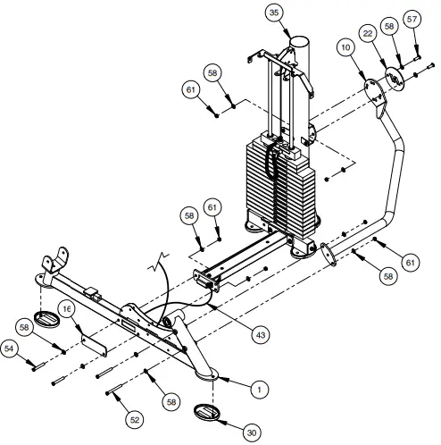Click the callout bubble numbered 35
click(273, 13)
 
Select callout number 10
click(345, 45)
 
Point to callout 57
click(412, 19)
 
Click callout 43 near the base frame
click(261, 334)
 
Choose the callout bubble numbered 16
click(67, 308)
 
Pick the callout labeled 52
click(135, 418)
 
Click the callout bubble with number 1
click(258, 390)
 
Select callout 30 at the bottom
click(251, 432)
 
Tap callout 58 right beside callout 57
click(388, 28)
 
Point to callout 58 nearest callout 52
click(171, 403)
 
